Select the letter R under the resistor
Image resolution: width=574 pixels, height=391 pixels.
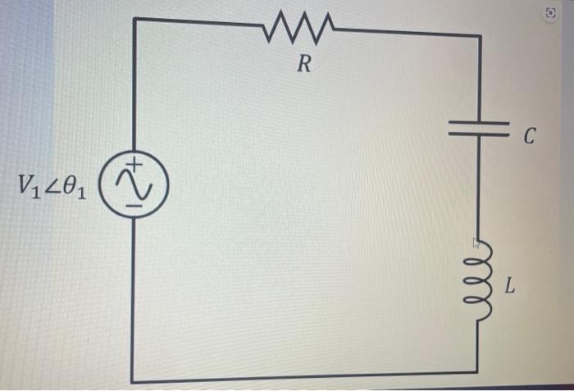(303, 66)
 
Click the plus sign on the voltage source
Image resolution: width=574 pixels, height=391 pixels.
(137, 169)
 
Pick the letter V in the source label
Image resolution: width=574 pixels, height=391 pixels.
(23, 185)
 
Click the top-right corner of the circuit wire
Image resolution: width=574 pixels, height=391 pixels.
(479, 36)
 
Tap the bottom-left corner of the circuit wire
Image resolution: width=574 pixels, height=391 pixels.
(134, 378)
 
